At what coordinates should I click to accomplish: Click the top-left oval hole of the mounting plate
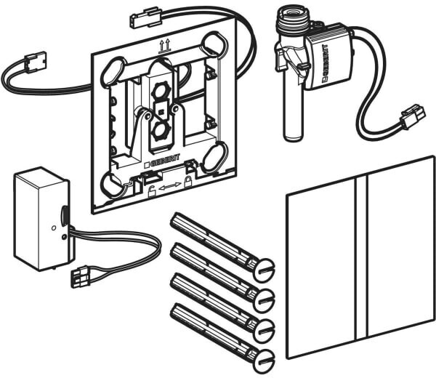click(x=109, y=72)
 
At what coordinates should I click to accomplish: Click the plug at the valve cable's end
click(x=413, y=116)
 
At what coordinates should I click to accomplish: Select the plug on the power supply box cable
click(x=81, y=276)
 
